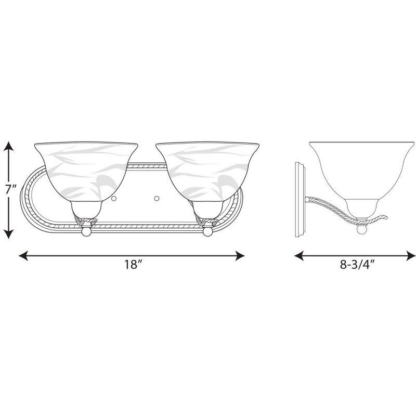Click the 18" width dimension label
tap(133, 264)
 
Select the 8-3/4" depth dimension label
tap(358, 264)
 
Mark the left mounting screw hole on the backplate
tap(113, 198)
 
